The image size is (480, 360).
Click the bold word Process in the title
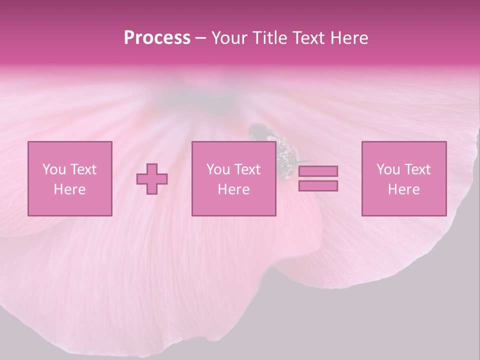click(x=157, y=38)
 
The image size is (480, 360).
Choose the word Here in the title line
click(x=350, y=38)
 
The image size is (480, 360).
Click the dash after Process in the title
click(x=201, y=38)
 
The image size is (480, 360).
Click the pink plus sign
click(x=152, y=179)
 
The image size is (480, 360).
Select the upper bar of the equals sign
click(x=318, y=171)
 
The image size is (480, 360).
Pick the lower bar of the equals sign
click(x=318, y=186)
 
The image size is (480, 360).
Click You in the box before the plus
click(x=53, y=169)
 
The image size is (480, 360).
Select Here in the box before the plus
click(x=69, y=189)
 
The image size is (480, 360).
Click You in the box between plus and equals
click(x=217, y=169)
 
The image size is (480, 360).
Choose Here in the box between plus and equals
click(x=233, y=189)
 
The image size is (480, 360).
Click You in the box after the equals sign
click(x=387, y=169)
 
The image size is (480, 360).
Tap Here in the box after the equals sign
click(x=403, y=189)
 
